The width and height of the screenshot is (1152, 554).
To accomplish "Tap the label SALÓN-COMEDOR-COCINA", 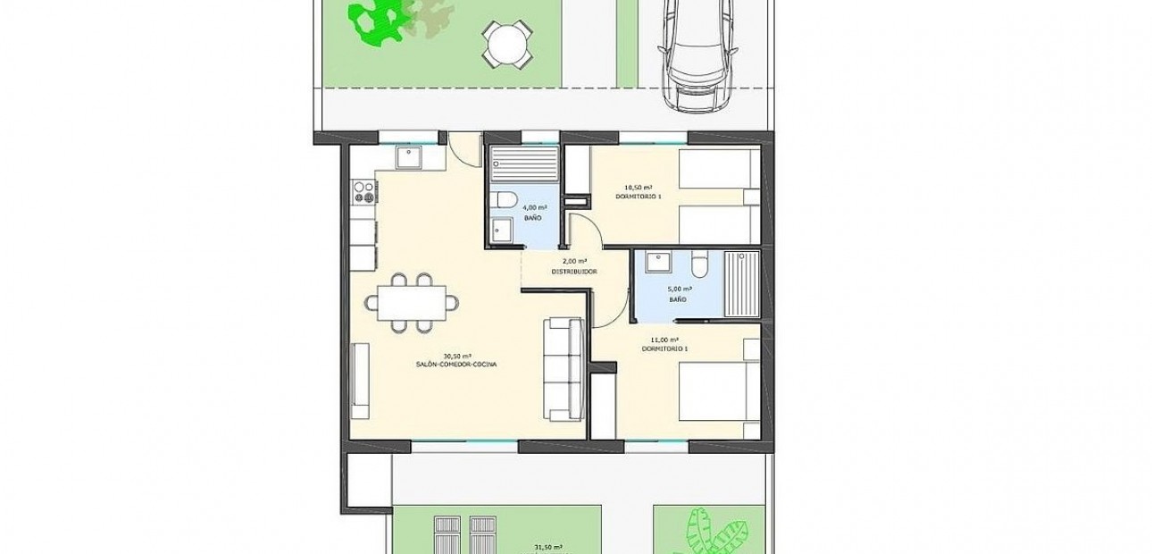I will coord(455,365).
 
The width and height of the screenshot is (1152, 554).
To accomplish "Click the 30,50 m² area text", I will coord(456,356).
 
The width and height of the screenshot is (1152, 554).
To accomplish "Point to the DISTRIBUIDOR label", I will coord(573,271).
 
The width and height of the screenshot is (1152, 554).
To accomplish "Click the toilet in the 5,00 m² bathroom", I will coord(700,263).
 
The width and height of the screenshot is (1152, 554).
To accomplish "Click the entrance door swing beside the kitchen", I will coord(464,147).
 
